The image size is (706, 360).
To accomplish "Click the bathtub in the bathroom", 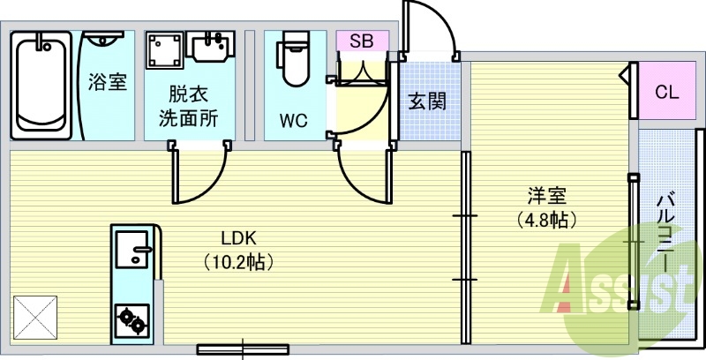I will coord(42,86).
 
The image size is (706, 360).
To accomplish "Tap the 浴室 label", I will coord(107,83).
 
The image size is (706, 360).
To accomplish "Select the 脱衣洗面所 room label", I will coord(188,105).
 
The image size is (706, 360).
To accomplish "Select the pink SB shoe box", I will coord(361,41).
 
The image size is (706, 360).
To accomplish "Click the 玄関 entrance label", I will coord(426,101).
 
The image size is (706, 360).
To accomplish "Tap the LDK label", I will coord(238,237).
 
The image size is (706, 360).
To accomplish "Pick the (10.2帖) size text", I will coord(238,261).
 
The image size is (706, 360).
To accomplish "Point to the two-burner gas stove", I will coord(133,319).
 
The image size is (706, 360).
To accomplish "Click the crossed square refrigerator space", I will coord(35,316).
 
